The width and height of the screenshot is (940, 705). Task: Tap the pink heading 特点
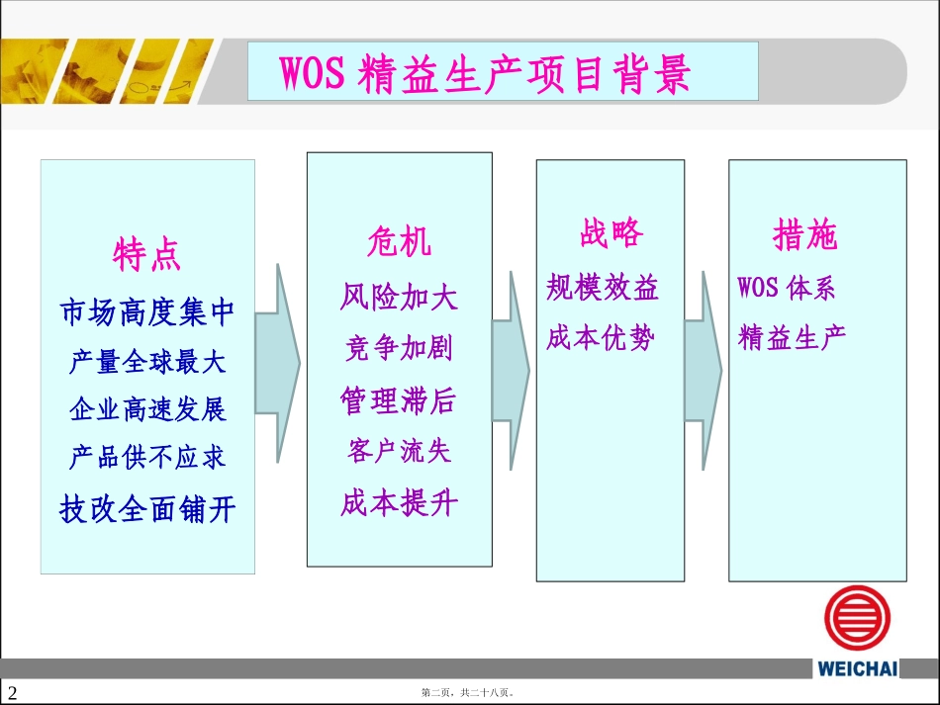(147, 255)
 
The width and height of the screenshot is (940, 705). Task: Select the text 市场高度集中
(147, 312)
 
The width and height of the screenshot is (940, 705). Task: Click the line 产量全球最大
(147, 362)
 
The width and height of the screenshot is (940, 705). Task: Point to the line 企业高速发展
(147, 409)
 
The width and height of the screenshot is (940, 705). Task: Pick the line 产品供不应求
(147, 457)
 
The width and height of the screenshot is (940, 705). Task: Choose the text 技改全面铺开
(147, 509)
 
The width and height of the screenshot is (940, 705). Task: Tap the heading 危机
(399, 240)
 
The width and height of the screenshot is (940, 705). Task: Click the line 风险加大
(399, 296)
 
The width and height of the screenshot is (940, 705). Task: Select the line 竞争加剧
(399, 348)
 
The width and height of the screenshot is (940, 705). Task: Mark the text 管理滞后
(399, 400)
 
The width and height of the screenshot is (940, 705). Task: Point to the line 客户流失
(399, 452)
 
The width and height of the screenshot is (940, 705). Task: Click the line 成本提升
(399, 503)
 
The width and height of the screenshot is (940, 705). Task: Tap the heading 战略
(611, 233)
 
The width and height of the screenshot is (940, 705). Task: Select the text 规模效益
(603, 288)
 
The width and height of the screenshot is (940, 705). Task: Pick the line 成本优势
(601, 338)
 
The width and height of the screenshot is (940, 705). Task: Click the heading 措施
(804, 235)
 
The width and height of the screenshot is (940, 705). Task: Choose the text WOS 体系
(787, 288)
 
